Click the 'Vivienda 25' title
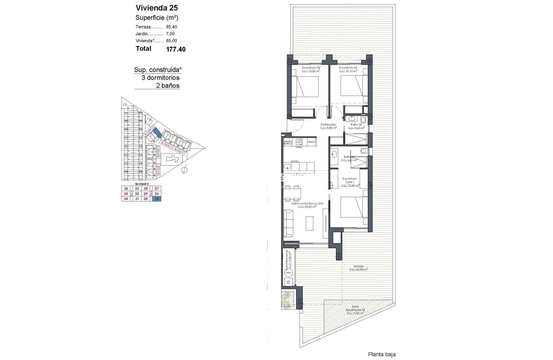[x=154, y=8]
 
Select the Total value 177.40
[x=176, y=49]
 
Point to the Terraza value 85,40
[x=171, y=26]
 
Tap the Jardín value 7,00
[x=171, y=34]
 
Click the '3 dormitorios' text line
[x=160, y=78]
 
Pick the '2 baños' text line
[x=168, y=85]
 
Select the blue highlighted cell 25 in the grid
[x=157, y=199]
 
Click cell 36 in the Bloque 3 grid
[x=125, y=188]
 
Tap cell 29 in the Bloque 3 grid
[x=146, y=194]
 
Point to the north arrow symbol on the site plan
[x=184, y=170]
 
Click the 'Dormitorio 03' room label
[x=312, y=68]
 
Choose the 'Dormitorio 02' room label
[x=348, y=68]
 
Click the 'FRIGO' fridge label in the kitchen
[x=311, y=142]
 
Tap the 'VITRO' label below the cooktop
[x=299, y=147]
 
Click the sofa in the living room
[x=289, y=223]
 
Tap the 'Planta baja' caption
[x=382, y=354]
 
